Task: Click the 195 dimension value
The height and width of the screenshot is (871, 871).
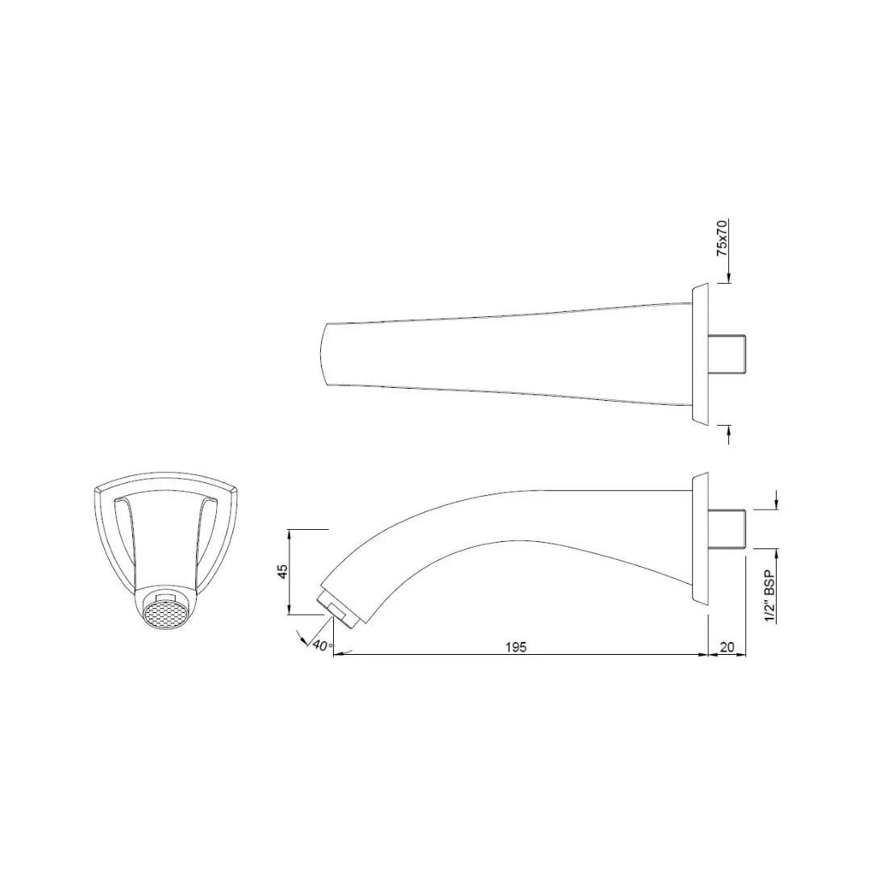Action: click(x=515, y=647)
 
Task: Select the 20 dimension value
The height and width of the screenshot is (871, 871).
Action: click(x=727, y=647)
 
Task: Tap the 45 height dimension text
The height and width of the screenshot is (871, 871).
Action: click(x=283, y=572)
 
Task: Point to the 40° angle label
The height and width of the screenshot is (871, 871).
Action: click(x=322, y=645)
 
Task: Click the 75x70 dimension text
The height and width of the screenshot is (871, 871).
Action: click(x=722, y=237)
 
